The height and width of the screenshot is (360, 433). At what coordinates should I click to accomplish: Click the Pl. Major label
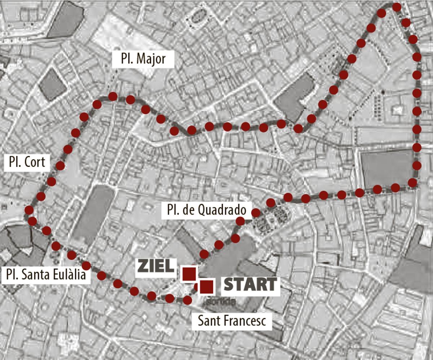pos(143,59)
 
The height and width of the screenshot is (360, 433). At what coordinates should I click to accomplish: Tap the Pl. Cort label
pos(27,163)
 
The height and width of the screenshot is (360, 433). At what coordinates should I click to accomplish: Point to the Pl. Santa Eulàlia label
pos(46,275)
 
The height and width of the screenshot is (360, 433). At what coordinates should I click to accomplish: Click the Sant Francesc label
pos(234,320)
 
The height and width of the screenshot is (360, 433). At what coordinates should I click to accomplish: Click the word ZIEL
pos(155,267)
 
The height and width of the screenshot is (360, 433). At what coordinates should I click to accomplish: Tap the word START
pos(250,285)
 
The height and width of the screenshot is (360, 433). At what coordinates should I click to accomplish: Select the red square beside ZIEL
pos(189,274)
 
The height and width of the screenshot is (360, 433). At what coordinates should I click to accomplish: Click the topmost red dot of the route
pos(397,7)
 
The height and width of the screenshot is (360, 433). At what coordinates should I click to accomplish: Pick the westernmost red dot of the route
pos(29,210)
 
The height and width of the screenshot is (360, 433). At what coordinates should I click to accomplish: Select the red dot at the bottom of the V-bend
pos(298,128)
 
